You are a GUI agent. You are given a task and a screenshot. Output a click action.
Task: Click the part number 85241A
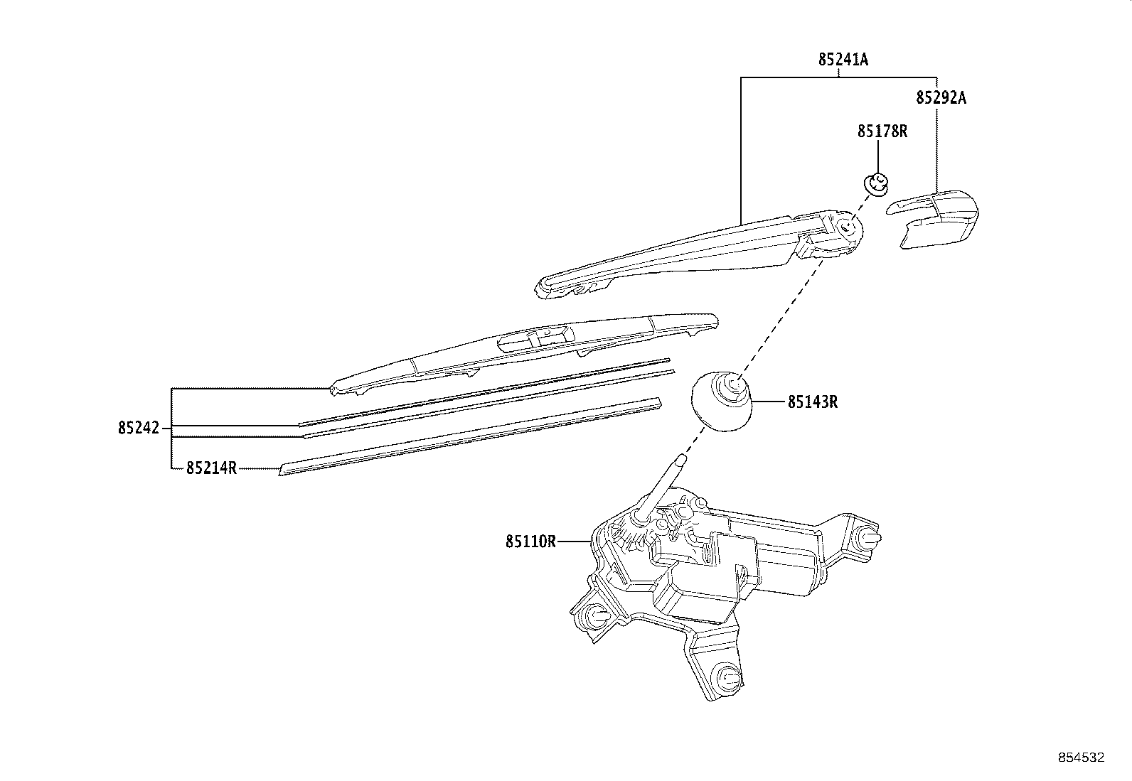(843, 60)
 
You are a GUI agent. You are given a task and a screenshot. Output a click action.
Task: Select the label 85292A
(941, 97)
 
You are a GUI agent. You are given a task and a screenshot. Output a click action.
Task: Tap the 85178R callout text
(882, 131)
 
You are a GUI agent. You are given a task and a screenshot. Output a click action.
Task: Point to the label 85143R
(812, 402)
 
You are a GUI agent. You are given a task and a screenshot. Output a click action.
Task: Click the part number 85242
(139, 429)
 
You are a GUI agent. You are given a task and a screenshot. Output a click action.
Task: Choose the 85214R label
(211, 468)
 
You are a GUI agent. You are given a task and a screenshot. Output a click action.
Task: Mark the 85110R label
(530, 542)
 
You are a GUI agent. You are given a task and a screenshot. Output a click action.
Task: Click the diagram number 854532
(1081, 758)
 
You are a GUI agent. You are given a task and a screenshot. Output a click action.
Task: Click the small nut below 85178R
(877, 183)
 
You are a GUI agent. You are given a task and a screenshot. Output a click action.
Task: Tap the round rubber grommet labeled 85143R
(722, 402)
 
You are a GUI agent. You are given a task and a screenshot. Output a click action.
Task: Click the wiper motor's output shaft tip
(680, 460)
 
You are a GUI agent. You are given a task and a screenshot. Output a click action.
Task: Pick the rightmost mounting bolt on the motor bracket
(868, 538)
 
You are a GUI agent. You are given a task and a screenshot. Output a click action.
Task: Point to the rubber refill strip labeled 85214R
(469, 437)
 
